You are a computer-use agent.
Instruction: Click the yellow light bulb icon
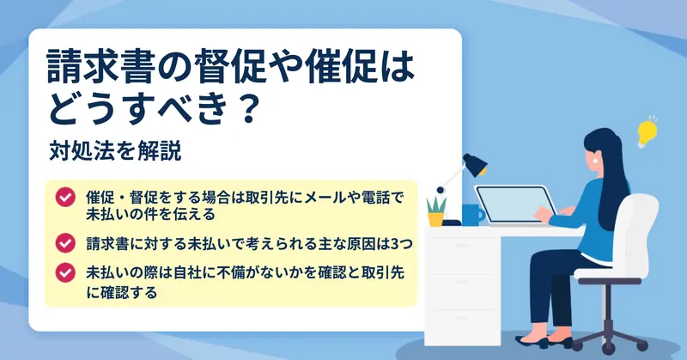coord(647,132)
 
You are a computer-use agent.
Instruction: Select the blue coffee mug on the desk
coord(472,215)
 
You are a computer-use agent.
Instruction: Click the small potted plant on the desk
coord(436,212)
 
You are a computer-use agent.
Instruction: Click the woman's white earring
coord(596,161)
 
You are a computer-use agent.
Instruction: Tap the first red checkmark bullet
coord(65,198)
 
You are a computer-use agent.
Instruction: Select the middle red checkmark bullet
coord(65,243)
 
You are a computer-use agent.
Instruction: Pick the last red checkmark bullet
coord(65,272)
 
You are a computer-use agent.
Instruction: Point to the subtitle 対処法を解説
coord(115,151)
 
